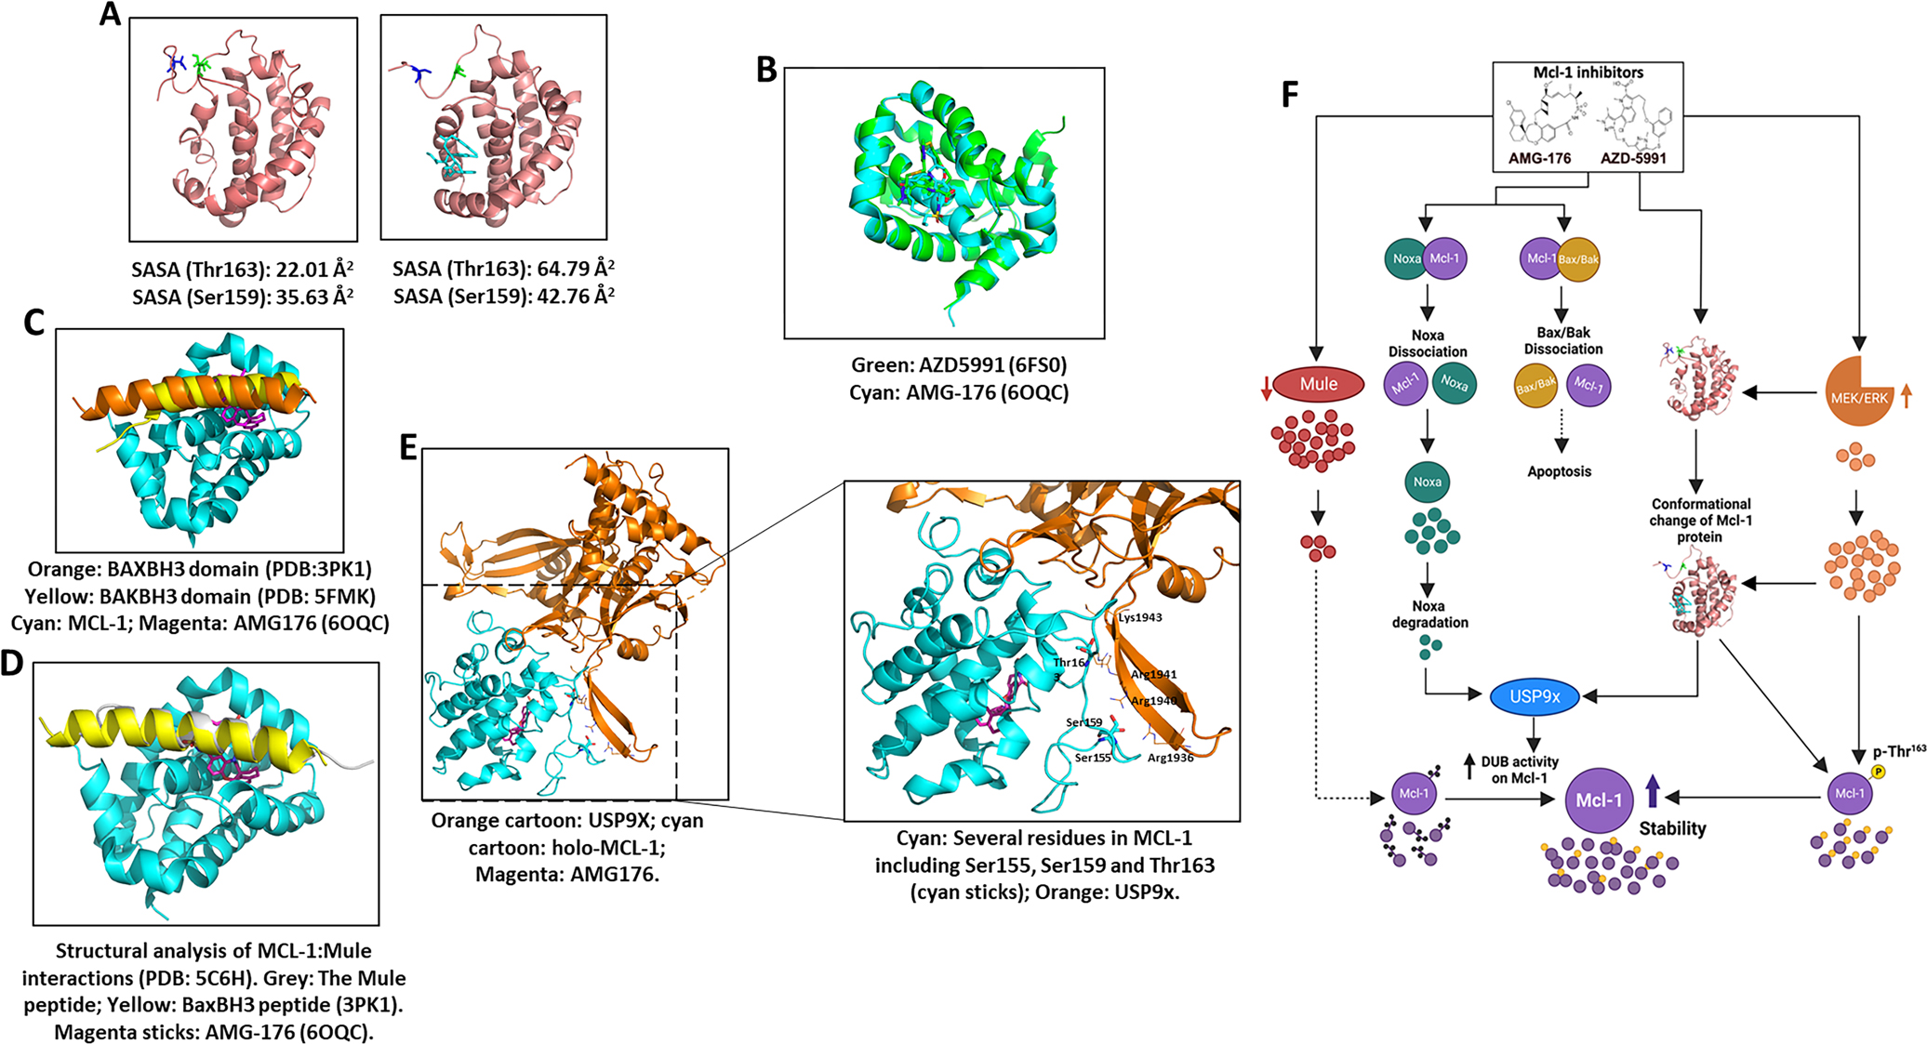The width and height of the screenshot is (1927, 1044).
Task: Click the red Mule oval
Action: pos(1319,384)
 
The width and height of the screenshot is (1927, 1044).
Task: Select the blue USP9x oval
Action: pos(1535,696)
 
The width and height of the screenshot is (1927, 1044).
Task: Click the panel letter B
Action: pos(766,70)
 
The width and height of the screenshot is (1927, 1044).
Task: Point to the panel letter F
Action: pos(1290,94)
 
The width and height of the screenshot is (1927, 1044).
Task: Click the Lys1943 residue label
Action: pos(1140,617)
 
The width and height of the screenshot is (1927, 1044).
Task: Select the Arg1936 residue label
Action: pos(1170,758)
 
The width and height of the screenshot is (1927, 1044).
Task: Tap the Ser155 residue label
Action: pos(1093,758)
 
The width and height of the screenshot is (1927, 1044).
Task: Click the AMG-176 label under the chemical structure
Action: pos(1539,158)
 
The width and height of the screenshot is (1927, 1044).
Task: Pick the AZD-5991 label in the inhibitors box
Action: pos(1633,158)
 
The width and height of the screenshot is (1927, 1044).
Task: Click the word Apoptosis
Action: pos(1559,471)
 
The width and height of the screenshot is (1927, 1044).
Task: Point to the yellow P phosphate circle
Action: pos(1878,772)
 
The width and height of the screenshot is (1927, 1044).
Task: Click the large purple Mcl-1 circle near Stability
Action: pos(1600,800)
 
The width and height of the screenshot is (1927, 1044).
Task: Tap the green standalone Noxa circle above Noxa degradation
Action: pos(1428,482)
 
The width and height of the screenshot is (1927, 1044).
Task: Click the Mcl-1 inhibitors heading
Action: pos(1588,73)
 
